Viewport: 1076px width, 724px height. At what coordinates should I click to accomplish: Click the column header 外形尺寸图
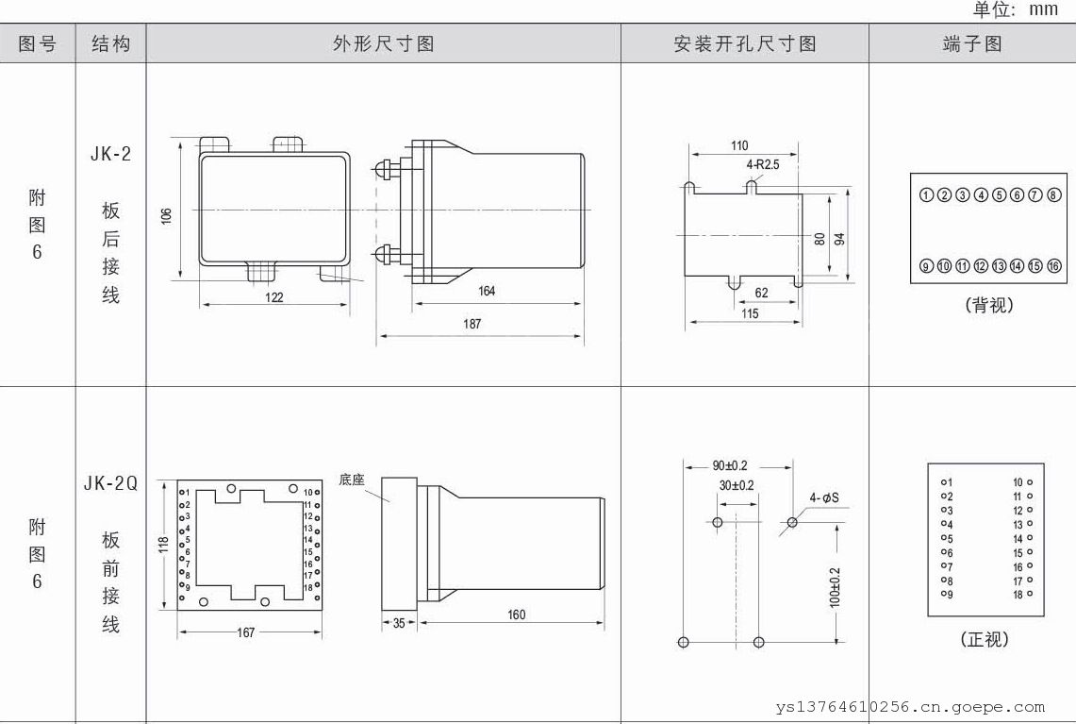pyautogui.click(x=383, y=43)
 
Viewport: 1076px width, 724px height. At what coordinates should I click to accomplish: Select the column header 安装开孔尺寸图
pyautogui.click(x=744, y=43)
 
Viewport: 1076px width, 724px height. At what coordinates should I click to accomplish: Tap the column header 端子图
pyautogui.click(x=972, y=43)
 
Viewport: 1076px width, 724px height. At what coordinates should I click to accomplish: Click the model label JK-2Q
pyautogui.click(x=110, y=484)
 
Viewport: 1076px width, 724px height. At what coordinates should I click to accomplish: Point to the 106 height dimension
pyautogui.click(x=166, y=215)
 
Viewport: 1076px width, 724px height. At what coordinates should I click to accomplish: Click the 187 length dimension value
pyautogui.click(x=472, y=324)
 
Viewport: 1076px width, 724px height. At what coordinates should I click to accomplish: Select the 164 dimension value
pyautogui.click(x=487, y=291)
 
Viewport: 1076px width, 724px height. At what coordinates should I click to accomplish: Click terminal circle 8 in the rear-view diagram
pyautogui.click(x=1053, y=195)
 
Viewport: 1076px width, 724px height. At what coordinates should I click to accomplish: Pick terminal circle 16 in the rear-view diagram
pyautogui.click(x=1053, y=266)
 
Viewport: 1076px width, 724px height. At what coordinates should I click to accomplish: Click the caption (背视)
pyautogui.click(x=988, y=306)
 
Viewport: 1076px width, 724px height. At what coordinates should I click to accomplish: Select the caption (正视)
pyautogui.click(x=985, y=639)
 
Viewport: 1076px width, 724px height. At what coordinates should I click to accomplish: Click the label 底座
pyautogui.click(x=352, y=480)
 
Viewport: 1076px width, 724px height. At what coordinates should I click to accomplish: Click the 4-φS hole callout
pyautogui.click(x=823, y=497)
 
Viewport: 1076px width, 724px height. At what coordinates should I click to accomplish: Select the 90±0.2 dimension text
pyautogui.click(x=730, y=466)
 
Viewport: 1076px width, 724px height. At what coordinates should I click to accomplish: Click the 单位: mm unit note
pyautogui.click(x=1016, y=9)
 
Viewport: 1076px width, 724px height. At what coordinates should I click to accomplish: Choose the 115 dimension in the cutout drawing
pyautogui.click(x=749, y=313)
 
